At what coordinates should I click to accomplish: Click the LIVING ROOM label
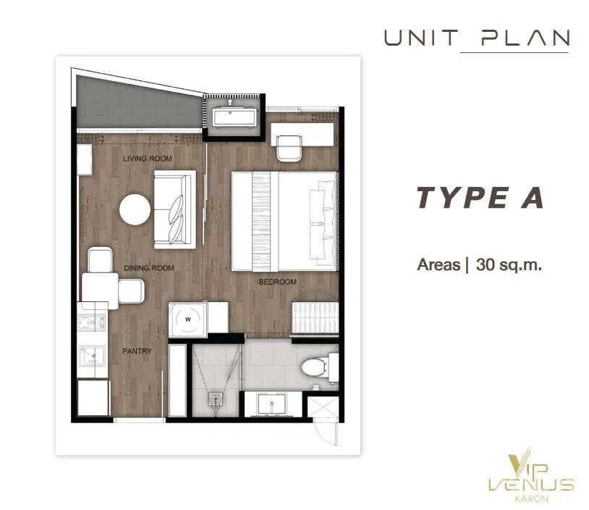[x=148, y=159]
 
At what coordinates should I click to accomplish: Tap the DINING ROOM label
[x=149, y=268]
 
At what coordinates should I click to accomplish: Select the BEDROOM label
[x=278, y=282]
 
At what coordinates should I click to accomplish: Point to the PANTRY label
[x=137, y=351]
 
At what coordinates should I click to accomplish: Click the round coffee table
[x=135, y=209]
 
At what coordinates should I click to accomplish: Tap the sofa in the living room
[x=174, y=209]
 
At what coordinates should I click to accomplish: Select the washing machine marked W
[x=187, y=319]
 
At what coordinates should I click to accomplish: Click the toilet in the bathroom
[x=318, y=367]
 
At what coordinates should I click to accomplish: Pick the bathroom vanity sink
[x=272, y=404]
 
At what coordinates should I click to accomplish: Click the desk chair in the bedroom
[x=289, y=148]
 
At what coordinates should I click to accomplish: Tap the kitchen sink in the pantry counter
[x=92, y=356]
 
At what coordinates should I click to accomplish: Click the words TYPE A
[x=480, y=198]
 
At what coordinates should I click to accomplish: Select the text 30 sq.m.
[x=509, y=264]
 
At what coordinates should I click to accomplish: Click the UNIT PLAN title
[x=477, y=38]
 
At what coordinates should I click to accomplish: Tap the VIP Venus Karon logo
[x=531, y=477]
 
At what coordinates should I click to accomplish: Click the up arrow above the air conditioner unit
[x=230, y=101]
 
